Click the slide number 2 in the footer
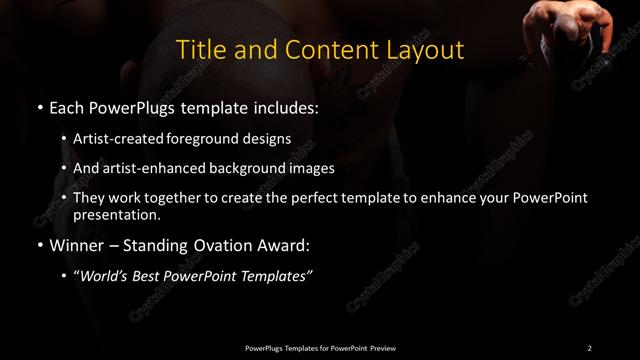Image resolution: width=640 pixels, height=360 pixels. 589,347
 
